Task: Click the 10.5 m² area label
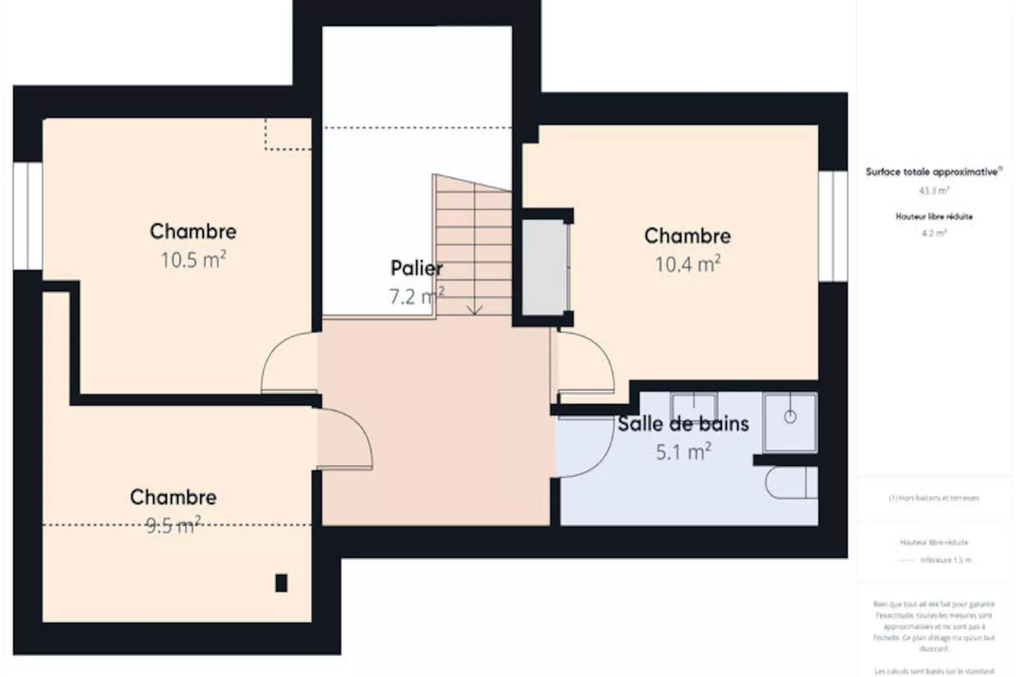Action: tap(193, 259)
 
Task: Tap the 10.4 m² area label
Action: tap(687, 264)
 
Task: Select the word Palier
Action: tap(416, 268)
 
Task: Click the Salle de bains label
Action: tap(683, 423)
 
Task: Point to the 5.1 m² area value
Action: tap(683, 452)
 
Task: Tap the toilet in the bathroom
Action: tap(791, 483)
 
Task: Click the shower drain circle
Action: tap(790, 417)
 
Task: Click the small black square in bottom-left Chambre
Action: tap(281, 583)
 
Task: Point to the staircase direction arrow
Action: tap(474, 309)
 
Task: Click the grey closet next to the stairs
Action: tap(544, 266)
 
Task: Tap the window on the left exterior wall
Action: tap(28, 216)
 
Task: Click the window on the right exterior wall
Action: tap(833, 226)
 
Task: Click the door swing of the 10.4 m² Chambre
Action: tap(585, 364)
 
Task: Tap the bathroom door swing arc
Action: tap(585, 446)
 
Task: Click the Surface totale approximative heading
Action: tap(933, 171)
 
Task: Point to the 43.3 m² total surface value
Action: tap(933, 190)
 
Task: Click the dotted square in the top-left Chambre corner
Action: tap(288, 134)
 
